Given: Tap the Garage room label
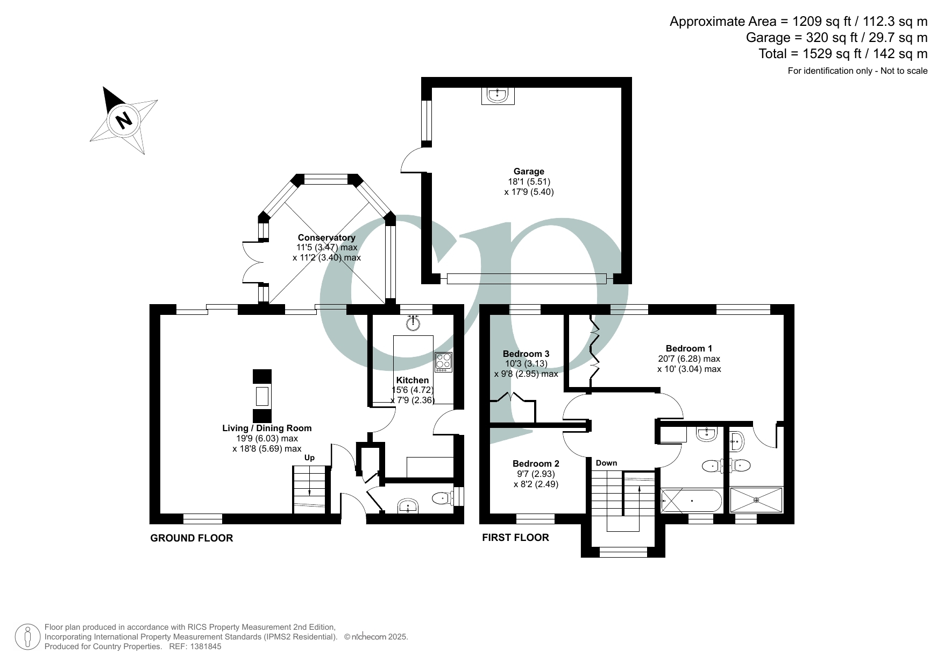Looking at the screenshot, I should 528,172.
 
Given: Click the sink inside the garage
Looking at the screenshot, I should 497,95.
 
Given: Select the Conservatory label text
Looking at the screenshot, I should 327,238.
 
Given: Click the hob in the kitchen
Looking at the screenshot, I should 444,361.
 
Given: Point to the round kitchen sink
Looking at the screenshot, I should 413,323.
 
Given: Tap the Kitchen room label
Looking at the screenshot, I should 413,380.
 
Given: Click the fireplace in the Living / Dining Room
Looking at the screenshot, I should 262,396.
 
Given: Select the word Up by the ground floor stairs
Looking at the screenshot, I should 309,458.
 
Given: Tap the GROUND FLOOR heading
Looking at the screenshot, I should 191,538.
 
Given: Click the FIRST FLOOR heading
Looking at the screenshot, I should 515,538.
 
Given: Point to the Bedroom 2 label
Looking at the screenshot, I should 536,463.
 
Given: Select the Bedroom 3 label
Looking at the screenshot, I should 526,354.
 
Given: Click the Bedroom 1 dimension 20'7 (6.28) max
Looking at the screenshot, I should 689,358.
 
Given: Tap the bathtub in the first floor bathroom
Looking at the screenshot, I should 691,501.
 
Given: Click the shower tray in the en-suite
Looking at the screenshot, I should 756,500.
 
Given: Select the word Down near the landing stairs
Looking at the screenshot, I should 606,463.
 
